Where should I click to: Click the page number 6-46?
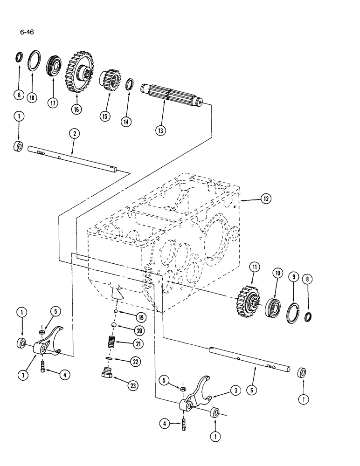(x=27, y=32)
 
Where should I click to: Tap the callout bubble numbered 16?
(x=76, y=109)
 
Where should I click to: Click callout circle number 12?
(x=265, y=199)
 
